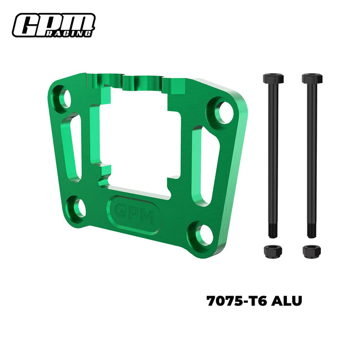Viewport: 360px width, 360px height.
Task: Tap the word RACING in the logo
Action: click(77, 32)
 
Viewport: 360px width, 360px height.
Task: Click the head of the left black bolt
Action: click(273, 79)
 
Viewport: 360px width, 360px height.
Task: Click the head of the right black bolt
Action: click(312, 79)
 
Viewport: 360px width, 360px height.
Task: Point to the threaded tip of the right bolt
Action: click(311, 229)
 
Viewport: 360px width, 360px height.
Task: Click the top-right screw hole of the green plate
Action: click(224, 112)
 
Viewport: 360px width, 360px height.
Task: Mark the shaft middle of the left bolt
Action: click(273, 154)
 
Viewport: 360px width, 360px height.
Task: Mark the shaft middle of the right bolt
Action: click(311, 154)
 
